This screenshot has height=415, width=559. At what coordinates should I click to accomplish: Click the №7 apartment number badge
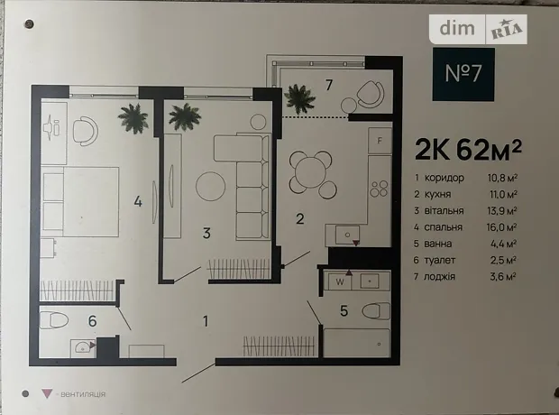pyautogui.click(x=463, y=74)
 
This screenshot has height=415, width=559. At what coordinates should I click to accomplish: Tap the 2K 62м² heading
pyautogui.click(x=469, y=150)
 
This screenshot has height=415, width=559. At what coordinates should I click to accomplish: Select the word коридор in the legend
pyautogui.click(x=444, y=178)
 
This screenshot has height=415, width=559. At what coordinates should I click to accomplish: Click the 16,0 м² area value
pyautogui.click(x=502, y=227)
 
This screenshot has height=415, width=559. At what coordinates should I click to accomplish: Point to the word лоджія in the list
pyautogui.click(x=439, y=277)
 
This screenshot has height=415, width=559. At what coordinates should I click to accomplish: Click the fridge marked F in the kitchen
pyautogui.click(x=380, y=141)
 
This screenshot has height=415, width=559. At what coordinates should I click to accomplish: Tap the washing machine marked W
pyautogui.click(x=340, y=281)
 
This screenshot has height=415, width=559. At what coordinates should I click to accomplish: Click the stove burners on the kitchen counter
pyautogui.click(x=379, y=189)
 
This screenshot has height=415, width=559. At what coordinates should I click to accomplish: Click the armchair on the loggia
pyautogui.click(x=371, y=94)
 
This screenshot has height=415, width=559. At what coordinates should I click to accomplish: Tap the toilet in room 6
pyautogui.click(x=53, y=320)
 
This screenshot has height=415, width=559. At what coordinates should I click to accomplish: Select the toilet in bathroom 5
pyautogui.click(x=376, y=311)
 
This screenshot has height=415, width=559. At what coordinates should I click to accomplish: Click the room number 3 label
pyautogui.click(x=206, y=234)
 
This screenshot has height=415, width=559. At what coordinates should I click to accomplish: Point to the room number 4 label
pyautogui.click(x=138, y=202)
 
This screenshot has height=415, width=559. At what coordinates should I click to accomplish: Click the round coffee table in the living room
pyautogui.click(x=210, y=186)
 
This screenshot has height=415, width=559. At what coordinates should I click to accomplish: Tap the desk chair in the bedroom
pyautogui.click(x=86, y=131)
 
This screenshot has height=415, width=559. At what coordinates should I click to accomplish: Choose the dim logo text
pyautogui.click(x=457, y=28)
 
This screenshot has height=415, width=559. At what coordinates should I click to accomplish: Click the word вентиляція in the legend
pyautogui.click(x=83, y=394)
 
